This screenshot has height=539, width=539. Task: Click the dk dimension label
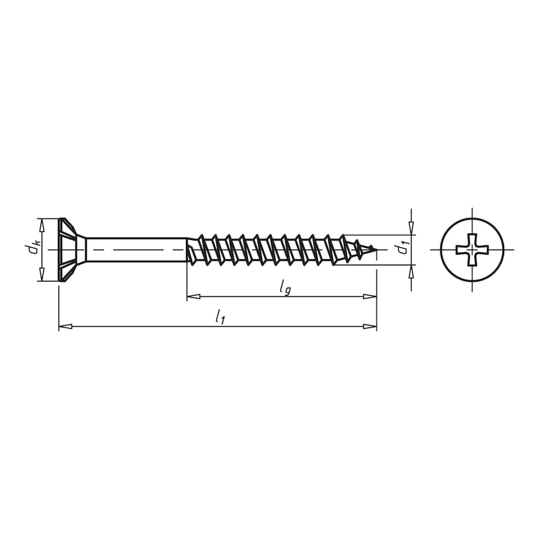(x=31, y=249)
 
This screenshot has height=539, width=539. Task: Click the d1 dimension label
(x=402, y=249)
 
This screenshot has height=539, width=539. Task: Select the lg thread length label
(x=286, y=288)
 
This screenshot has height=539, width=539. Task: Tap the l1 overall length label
(x=220, y=317)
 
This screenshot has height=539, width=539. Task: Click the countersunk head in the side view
(x=71, y=249)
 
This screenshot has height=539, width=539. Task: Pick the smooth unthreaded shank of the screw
(x=135, y=249)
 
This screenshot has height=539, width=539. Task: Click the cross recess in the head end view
(x=472, y=249)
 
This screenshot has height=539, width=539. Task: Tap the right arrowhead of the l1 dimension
(x=370, y=327)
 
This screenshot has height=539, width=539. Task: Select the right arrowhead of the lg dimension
(x=370, y=296)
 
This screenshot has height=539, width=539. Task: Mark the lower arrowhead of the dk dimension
(x=42, y=274)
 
